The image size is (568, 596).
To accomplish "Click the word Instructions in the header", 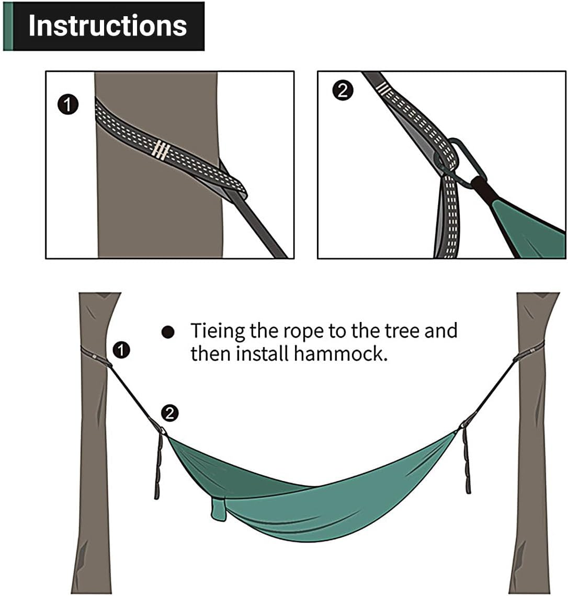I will tap(107, 26).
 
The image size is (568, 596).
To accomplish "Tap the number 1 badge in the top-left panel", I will tap(67, 105).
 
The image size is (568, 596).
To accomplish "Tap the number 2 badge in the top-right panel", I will tap(343, 90).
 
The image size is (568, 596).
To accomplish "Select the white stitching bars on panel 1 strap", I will tap(161, 150).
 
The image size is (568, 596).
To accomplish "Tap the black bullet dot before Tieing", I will tap(167, 333).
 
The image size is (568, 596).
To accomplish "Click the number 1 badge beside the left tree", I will tap(121, 350).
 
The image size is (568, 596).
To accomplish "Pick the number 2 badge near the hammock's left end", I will tap(169, 413).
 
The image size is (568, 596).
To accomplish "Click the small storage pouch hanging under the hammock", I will tap(219, 508).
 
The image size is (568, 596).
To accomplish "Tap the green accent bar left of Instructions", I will tap(7, 26).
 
